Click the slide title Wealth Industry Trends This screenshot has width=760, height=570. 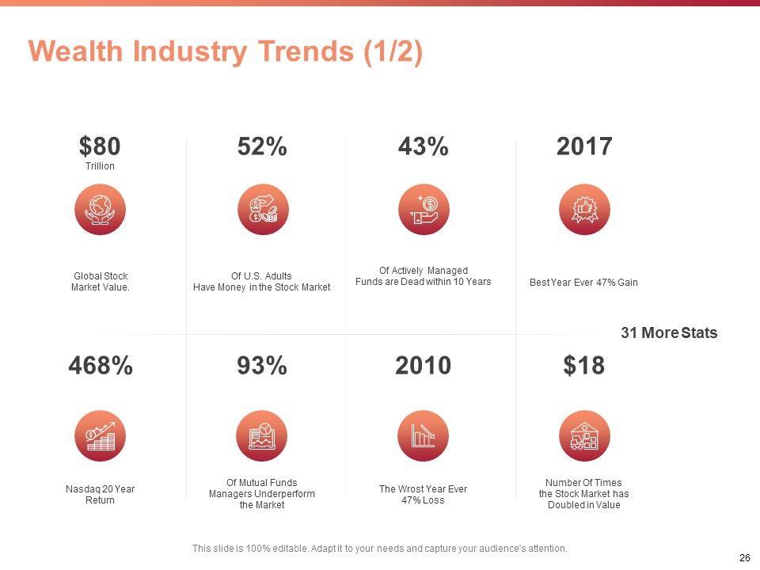coord(226,51)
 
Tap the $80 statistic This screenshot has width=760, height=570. coord(100,146)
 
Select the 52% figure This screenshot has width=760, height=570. coord(262,146)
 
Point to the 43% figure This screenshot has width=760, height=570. coord(423,146)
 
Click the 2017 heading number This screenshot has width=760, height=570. coord(584,146)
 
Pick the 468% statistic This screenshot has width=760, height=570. coord(100,366)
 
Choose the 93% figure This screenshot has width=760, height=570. coord(262,366)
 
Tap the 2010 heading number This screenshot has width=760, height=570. coord(423,366)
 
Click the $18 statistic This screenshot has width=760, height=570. coord(584,366)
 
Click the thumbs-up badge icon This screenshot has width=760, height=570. coord(584,209)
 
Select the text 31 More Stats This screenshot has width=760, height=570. coord(669,333)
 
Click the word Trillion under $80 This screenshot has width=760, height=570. coord(100,166)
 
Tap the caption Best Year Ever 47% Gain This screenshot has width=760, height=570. coord(583,283)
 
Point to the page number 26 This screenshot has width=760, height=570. coord(744,558)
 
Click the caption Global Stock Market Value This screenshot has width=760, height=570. coord(100,282)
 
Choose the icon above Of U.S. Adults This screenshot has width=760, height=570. coord(262,209)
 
